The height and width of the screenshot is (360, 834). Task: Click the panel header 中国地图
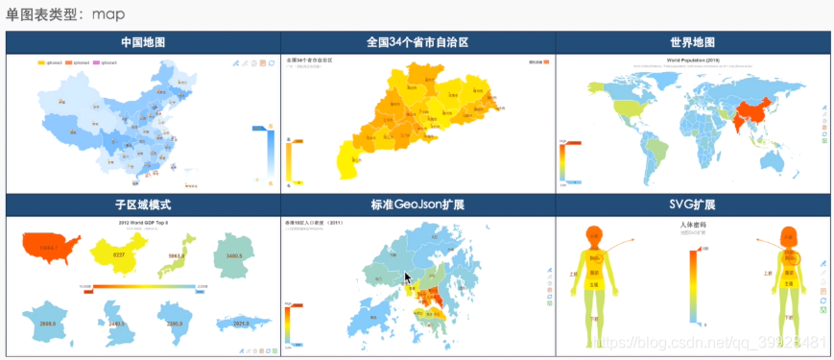coord(143,43)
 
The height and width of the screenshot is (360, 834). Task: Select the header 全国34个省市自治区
coord(417,43)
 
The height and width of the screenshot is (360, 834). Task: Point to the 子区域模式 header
coord(143,205)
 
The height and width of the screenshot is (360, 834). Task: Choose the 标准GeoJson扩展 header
coord(417,205)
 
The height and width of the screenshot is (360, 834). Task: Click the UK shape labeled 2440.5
coord(115,322)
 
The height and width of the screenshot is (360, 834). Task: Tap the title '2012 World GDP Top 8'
coord(143,222)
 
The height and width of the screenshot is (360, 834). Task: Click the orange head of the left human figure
coord(595,235)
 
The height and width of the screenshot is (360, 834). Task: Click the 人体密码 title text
coord(693,224)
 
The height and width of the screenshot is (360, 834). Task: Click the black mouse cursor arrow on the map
coord(407,279)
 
